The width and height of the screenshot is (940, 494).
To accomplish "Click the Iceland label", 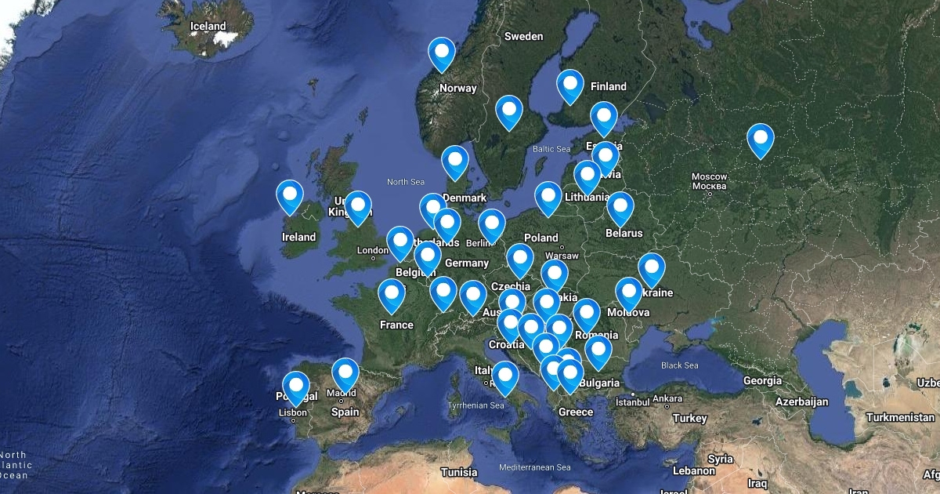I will (208, 26).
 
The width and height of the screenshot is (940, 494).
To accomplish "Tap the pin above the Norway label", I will (442, 54).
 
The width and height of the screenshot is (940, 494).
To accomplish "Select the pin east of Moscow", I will (760, 140).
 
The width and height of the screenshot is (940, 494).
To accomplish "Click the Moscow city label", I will (710, 181).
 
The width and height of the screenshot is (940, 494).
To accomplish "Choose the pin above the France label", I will (392, 296).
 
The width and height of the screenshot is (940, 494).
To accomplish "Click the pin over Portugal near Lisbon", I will (296, 387).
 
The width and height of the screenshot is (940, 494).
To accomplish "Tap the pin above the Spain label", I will (345, 374).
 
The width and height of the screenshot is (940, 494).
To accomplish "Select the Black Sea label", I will (679, 365).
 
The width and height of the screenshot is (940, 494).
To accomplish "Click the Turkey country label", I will (689, 418).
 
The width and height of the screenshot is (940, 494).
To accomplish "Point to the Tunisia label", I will (459, 472).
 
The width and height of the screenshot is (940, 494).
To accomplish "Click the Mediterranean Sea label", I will (536, 467).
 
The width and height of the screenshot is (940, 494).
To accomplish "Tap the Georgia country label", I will (762, 380).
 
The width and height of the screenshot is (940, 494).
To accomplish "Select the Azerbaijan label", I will (802, 401).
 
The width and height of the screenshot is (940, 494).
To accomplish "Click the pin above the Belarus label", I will (620, 208).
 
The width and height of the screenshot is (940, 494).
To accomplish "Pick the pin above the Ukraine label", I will (651, 269).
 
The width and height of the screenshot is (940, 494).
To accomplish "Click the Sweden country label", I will (523, 36).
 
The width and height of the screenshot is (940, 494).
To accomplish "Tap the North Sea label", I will (405, 182).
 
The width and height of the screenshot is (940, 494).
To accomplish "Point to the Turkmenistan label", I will (899, 417).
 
